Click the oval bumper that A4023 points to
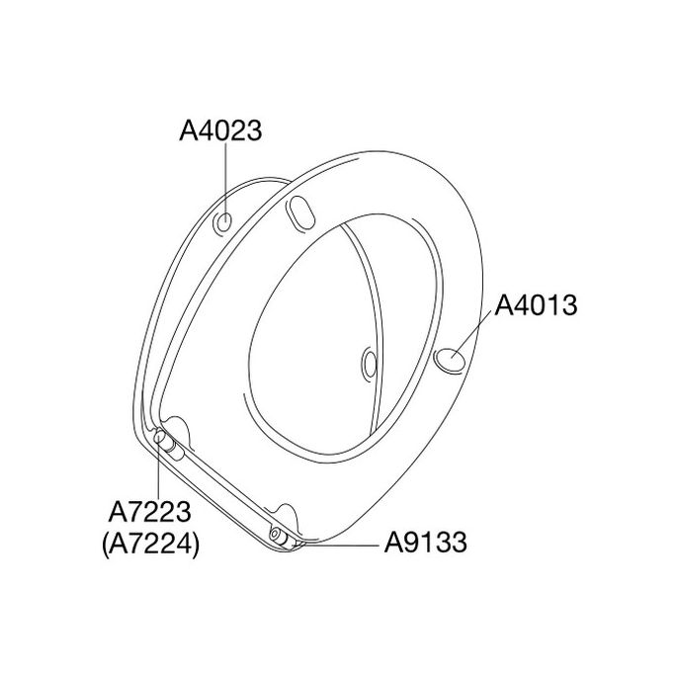225,222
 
